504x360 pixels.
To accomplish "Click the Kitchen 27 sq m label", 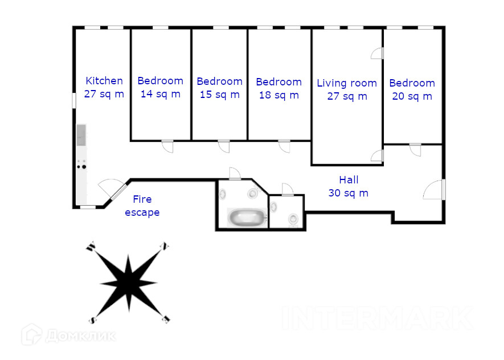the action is (104, 87).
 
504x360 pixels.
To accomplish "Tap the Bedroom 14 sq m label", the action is (161, 87).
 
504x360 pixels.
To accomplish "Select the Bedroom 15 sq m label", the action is (219, 88).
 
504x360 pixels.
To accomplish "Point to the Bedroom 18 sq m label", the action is (279, 88).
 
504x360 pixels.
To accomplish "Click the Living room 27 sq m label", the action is (347, 89).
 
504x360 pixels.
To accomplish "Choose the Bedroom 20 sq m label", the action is (412, 89).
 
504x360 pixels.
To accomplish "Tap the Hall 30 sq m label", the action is (349, 186).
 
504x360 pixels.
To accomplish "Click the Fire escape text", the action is (142, 206).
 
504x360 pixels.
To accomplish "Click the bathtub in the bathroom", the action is (247, 217).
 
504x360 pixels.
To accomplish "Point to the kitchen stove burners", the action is (81, 164).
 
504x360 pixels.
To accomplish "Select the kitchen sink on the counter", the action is (81, 135).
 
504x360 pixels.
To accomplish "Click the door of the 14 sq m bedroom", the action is (167, 146).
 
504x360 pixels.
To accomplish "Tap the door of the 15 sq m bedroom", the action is (224, 146).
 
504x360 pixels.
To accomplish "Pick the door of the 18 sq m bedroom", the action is (285, 146).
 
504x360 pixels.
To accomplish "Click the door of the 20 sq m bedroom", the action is (415, 150).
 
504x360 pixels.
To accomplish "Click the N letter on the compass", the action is (165, 246).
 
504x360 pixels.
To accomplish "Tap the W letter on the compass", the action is (91, 247).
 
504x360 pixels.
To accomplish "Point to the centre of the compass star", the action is (129, 283).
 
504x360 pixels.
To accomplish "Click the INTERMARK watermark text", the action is (378, 318).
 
